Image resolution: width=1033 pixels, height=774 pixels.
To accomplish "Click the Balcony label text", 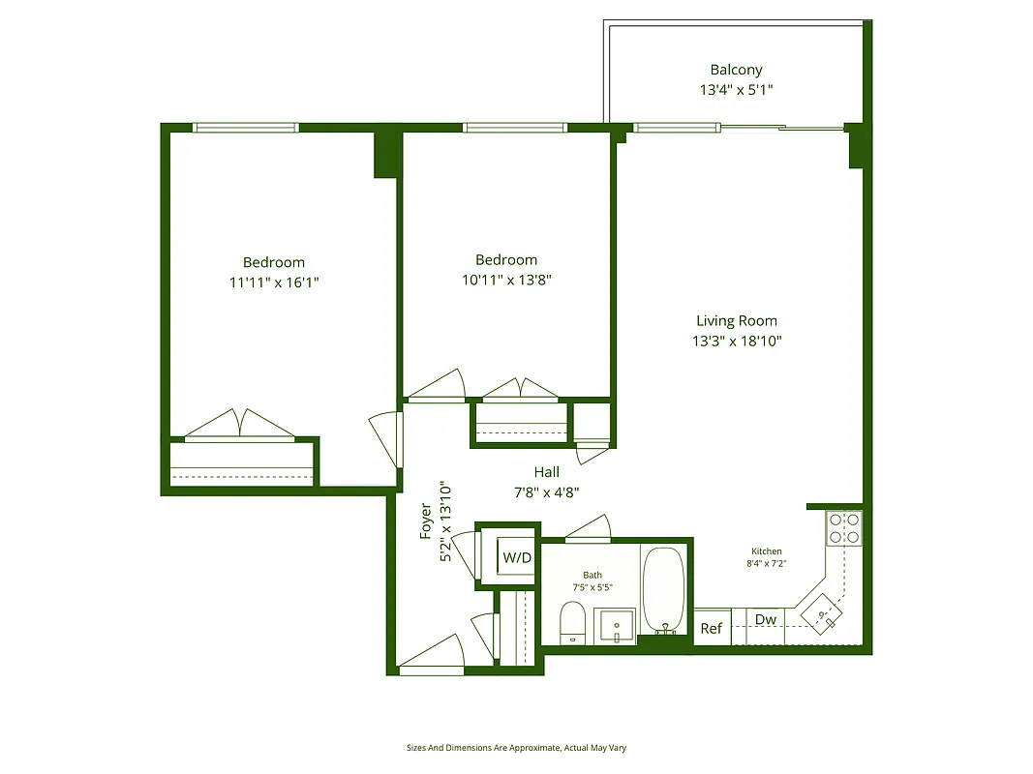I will click(736, 70).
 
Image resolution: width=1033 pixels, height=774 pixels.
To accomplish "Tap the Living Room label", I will click(736, 320).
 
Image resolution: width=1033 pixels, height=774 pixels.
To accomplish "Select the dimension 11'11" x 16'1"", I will click(273, 283).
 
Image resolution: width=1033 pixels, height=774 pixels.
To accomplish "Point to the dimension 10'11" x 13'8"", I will click(505, 281).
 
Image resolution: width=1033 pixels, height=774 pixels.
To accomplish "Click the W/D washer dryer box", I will click(517, 558).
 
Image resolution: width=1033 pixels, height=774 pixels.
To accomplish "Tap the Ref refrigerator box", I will click(712, 628).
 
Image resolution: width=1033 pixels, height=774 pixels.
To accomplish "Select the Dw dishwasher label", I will click(766, 620).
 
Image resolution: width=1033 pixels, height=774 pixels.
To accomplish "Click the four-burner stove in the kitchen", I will click(843, 527).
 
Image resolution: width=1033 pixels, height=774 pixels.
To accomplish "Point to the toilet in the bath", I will click(572, 621).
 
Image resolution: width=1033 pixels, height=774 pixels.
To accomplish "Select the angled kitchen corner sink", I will click(824, 615).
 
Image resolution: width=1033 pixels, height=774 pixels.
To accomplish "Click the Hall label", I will click(546, 472).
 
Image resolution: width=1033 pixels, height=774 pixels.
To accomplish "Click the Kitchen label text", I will click(766, 551).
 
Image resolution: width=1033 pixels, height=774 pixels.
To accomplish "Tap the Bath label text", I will click(592, 575).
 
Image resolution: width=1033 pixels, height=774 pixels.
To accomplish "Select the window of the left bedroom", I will click(245, 127).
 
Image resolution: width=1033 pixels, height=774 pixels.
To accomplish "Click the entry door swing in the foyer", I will click(431, 653).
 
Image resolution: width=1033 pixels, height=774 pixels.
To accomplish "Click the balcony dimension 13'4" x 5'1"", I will click(736, 90).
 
